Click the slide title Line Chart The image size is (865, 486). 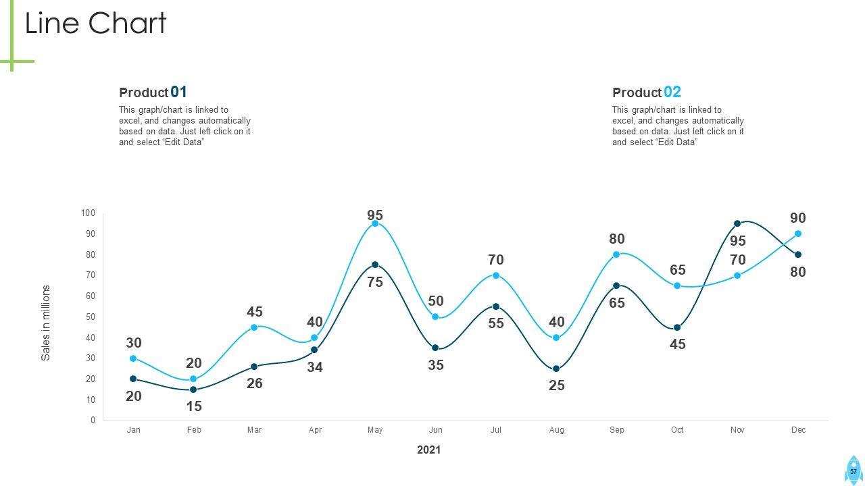95,24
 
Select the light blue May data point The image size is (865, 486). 375,223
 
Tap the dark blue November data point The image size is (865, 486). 737,223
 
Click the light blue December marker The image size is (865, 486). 798,234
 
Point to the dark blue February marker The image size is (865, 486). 194,389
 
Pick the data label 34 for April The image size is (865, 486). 315,367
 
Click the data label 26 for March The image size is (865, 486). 254,383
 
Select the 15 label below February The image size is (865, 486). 194,406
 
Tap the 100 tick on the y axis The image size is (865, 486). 88,213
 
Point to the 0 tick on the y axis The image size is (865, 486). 93,421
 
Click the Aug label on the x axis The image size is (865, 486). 556,430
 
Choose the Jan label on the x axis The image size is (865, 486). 133,430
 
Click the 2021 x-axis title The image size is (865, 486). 428,450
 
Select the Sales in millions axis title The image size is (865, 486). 46,323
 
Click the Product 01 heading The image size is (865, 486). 153,92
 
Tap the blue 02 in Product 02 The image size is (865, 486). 672,92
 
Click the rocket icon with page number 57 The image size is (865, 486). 853,470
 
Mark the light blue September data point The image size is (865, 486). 616,254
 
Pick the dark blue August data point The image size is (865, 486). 556,369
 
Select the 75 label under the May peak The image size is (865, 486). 375,282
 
